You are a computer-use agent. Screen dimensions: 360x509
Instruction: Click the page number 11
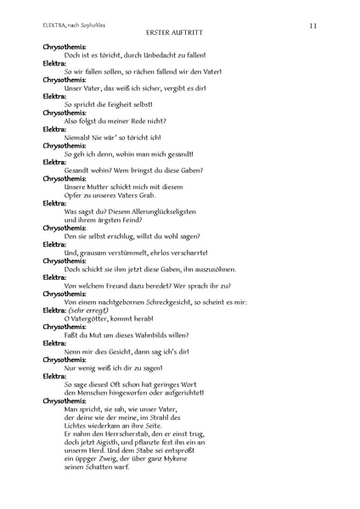(x=313, y=26)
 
